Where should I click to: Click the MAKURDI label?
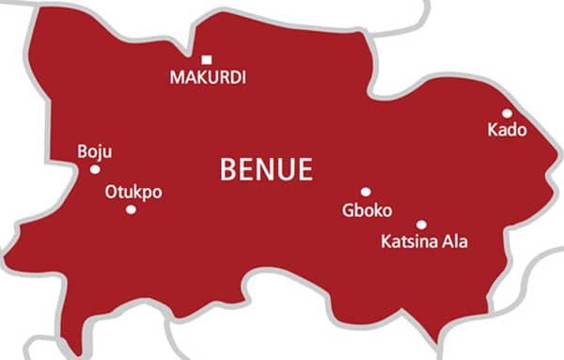click(x=208, y=78)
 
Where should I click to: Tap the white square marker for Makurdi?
click(x=207, y=60)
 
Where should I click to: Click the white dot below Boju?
click(x=95, y=169)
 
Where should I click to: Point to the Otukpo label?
click(x=133, y=192)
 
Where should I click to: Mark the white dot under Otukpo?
click(x=131, y=209)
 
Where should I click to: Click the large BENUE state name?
click(x=266, y=169)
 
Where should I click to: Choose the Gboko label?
click(x=367, y=211)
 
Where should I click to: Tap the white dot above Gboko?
click(x=366, y=192)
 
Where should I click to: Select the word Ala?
click(x=455, y=243)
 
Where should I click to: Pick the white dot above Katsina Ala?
click(x=421, y=225)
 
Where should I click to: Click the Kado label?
click(x=507, y=130)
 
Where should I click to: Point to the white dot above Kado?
click(x=507, y=113)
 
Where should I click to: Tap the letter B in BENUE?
click(x=227, y=169)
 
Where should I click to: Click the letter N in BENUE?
click(x=266, y=169)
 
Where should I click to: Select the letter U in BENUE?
click(x=286, y=169)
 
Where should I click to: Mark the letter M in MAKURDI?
click(x=177, y=78)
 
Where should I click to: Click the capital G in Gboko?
click(x=349, y=211)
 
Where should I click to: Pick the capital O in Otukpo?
click(x=111, y=192)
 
